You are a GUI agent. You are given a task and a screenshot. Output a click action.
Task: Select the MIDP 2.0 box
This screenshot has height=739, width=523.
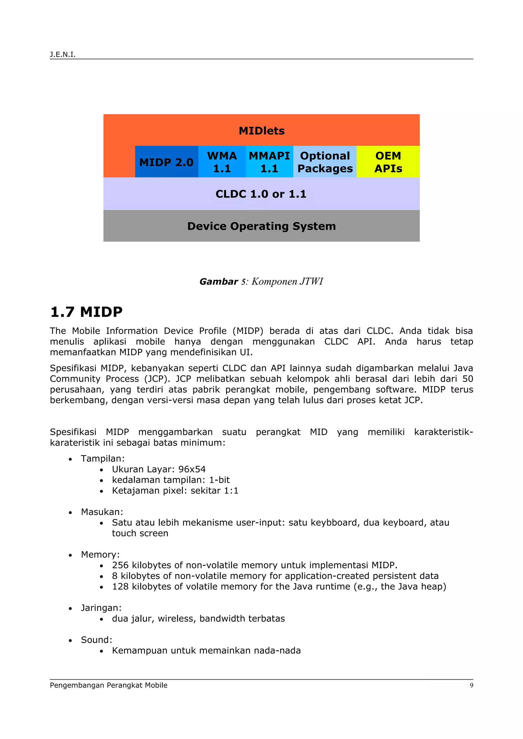(166, 162)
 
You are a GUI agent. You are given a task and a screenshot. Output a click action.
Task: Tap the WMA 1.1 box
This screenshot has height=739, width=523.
(222, 162)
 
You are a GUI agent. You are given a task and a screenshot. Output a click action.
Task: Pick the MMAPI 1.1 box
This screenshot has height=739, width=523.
(269, 162)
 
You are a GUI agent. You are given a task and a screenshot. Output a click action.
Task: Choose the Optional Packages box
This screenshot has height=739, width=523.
(325, 162)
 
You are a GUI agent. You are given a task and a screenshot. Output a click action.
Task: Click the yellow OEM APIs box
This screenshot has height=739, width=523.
(388, 162)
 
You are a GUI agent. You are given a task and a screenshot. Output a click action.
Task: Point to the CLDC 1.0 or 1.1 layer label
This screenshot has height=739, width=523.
(261, 194)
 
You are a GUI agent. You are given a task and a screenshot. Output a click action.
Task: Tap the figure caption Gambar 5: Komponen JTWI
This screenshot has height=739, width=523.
(261, 281)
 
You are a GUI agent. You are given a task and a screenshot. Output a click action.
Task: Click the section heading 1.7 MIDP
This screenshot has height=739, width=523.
(86, 312)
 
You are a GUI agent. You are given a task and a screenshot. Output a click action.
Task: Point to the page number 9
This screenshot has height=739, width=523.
(471, 685)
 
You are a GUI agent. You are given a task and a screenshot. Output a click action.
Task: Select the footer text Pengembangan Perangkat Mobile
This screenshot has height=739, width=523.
(109, 685)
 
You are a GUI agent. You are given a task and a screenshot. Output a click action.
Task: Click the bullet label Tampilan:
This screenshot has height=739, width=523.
(102, 458)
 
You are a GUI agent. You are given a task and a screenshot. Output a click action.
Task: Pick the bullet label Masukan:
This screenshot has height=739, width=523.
(102, 512)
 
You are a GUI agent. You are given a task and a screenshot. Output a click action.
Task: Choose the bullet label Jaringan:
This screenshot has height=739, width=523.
(101, 608)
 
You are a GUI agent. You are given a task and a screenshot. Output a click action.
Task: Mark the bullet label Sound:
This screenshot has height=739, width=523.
(96, 640)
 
